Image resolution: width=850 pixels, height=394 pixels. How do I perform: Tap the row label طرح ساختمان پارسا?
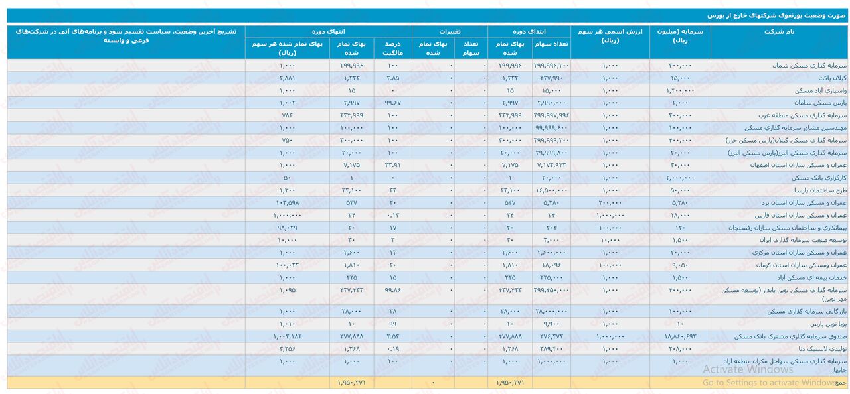pyautogui.click(x=818, y=190)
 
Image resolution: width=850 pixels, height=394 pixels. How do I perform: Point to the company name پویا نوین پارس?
pyautogui.click(x=824, y=324)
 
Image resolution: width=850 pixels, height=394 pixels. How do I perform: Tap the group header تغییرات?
pyautogui.click(x=450, y=31)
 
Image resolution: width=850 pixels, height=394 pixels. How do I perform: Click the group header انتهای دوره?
pyautogui.click(x=329, y=31)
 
